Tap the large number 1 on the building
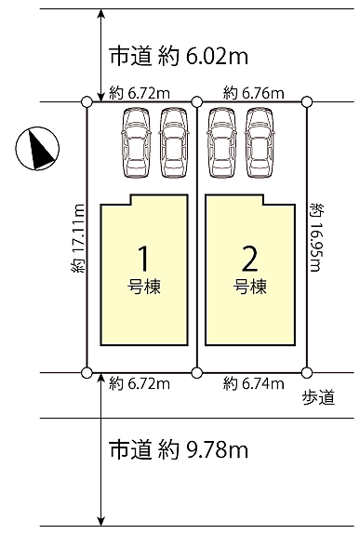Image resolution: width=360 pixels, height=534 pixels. coord(144,258)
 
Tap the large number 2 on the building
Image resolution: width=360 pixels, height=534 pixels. coord(249,258)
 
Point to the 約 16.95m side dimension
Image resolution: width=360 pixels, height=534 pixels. coord(318,237)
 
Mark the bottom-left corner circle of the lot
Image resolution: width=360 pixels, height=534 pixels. coord(87,373)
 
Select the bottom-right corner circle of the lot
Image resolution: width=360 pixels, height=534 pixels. coord(308,373)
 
